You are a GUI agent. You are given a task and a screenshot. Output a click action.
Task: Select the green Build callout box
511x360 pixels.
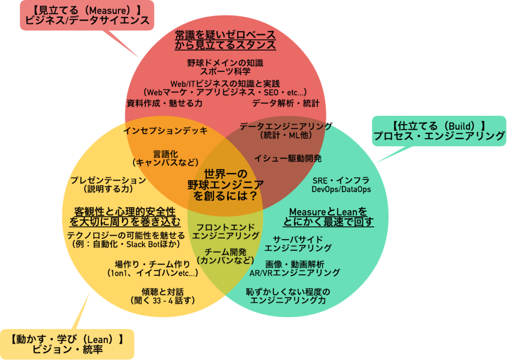click(439, 130)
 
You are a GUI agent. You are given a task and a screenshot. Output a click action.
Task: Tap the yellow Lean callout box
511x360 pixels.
click(67, 344)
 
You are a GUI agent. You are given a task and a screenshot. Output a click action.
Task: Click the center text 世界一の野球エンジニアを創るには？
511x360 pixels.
click(226, 185)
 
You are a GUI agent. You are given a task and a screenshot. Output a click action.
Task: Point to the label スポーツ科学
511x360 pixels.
click(226, 71)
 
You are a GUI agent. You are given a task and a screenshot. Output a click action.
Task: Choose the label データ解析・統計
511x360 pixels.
click(285, 103)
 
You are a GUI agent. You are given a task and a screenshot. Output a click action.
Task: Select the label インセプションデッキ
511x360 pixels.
click(165, 131)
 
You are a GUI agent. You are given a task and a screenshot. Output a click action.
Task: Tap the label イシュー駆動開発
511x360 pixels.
click(287, 159)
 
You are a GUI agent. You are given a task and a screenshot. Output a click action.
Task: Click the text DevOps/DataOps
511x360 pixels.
click(341, 190)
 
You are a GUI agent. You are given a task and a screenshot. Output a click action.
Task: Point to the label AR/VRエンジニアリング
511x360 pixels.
click(295, 273)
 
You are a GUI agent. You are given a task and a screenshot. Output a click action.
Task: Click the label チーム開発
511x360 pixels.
click(226, 252)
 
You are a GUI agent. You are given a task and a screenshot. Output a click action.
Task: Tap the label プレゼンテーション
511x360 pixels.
click(108, 180)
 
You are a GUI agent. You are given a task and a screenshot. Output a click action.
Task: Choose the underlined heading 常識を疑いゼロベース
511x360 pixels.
click(225, 35)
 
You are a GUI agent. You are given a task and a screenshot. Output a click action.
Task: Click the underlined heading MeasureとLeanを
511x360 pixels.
click(328, 211)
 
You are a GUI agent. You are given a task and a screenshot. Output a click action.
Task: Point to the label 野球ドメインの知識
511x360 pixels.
click(226, 63)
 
